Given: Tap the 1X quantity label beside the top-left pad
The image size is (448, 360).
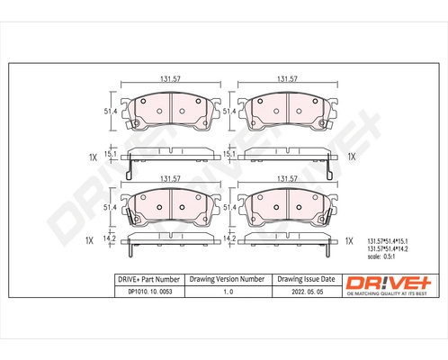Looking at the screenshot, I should tap(92, 157).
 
